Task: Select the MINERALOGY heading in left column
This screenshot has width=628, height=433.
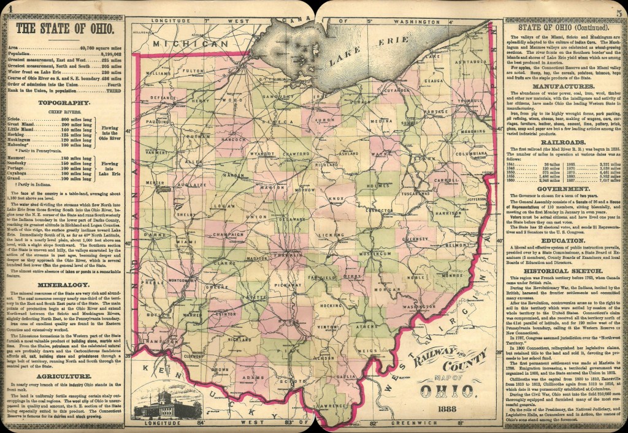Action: [64, 285]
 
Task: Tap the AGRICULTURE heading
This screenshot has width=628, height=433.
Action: [64, 375]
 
